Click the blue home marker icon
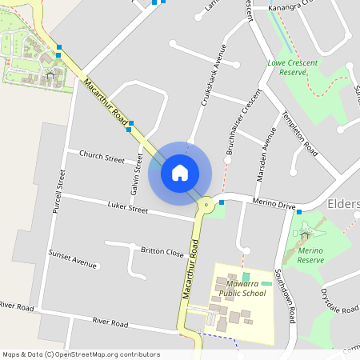180,172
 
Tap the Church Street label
102,158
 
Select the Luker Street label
128,210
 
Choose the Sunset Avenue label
72,258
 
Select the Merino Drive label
274,206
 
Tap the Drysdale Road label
336,302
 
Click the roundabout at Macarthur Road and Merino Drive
207,206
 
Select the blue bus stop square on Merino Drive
222,202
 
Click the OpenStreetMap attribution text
82,354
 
